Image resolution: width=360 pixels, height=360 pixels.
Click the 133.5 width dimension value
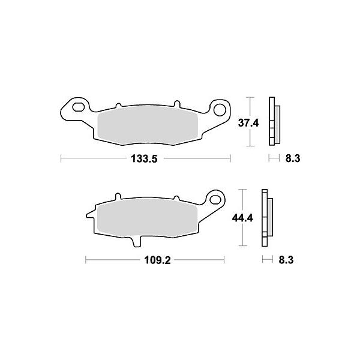click(x=146, y=158)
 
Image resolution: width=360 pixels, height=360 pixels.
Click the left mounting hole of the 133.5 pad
click(x=76, y=109)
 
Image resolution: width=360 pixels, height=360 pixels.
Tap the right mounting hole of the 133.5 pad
click(x=220, y=110)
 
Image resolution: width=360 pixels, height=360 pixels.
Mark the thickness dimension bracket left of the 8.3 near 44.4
click(x=266, y=261)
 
